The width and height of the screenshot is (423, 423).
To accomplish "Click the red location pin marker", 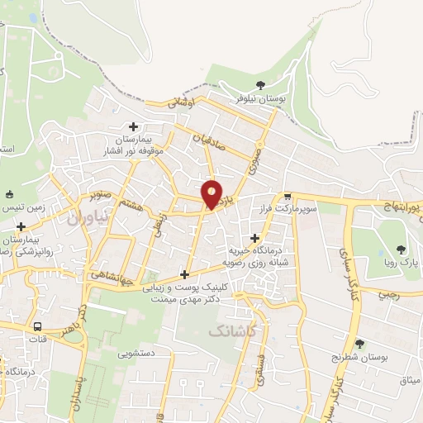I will coord(212,193).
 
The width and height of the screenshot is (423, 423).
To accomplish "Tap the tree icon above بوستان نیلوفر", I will coord(261,84).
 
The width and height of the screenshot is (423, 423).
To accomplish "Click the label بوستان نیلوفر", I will coord(261,99).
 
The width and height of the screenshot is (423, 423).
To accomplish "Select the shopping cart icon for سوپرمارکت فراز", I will coord(287,197).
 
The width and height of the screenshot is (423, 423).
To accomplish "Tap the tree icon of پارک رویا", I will coord(402,249).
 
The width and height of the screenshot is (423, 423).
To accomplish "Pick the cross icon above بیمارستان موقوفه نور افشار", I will coord(133,126).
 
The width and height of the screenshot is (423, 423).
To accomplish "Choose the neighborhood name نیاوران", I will coord(84,218).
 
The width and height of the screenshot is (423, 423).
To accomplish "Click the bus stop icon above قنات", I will coord(37,325).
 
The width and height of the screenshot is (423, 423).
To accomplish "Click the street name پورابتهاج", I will coord(403,202).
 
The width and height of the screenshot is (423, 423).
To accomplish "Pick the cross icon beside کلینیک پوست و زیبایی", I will coord(186,274).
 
